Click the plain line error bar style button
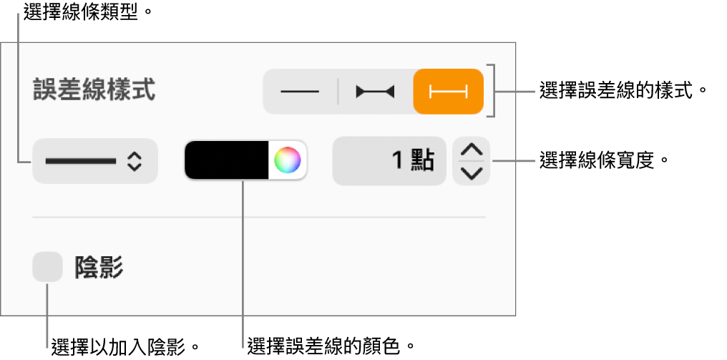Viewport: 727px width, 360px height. tap(300, 92)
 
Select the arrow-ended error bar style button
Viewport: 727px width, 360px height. tap(375, 92)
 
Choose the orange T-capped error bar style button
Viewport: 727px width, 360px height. tap(449, 92)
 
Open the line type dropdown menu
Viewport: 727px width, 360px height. tap(95, 162)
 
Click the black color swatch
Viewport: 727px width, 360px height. tap(227, 160)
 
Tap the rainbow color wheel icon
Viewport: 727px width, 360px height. tap(288, 160)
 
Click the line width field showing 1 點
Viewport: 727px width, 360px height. tap(389, 162)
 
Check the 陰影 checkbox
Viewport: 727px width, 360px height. tap(47, 267)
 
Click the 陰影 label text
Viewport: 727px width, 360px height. tap(99, 267)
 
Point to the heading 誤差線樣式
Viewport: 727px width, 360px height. tap(94, 90)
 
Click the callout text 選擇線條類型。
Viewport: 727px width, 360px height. tap(88, 13)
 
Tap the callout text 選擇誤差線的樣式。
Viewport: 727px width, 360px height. tap(625, 90)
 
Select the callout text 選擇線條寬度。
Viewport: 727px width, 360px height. tap(605, 162)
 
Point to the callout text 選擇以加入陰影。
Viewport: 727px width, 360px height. tap(126, 346)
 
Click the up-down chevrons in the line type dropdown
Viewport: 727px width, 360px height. tap(135, 162)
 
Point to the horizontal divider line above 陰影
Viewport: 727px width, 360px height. tap(259, 217)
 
